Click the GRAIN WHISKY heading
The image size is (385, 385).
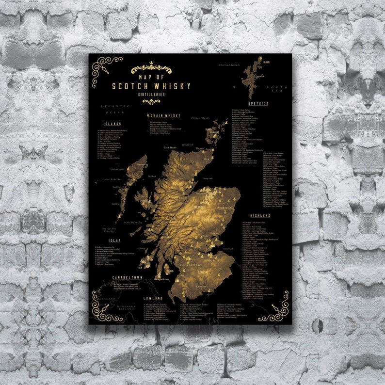(x=166, y=116)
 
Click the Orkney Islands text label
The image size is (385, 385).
(x=200, y=118)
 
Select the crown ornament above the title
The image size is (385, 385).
(x=152, y=64)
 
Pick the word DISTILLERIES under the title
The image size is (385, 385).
(x=151, y=94)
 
